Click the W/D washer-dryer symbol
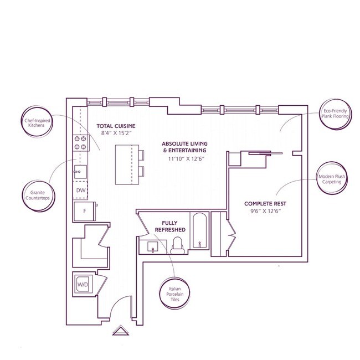tap(83, 285)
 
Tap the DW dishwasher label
tap(81, 191)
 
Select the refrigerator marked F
tap(85, 211)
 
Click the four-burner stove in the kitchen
tap(80, 142)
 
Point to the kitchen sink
tap(80, 172)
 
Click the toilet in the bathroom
tap(178, 246)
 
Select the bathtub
tap(199, 230)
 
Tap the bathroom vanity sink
tap(153, 247)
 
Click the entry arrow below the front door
tap(121, 331)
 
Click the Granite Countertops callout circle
tap(38, 196)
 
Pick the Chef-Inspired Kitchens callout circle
tap(37, 122)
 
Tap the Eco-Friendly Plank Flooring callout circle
tap(335, 114)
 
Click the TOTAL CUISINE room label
tap(116, 126)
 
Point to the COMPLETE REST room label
tap(265, 204)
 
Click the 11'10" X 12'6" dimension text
tap(186, 158)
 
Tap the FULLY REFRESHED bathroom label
tap(170, 226)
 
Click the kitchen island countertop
tap(127, 164)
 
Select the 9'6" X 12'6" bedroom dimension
tap(266, 211)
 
